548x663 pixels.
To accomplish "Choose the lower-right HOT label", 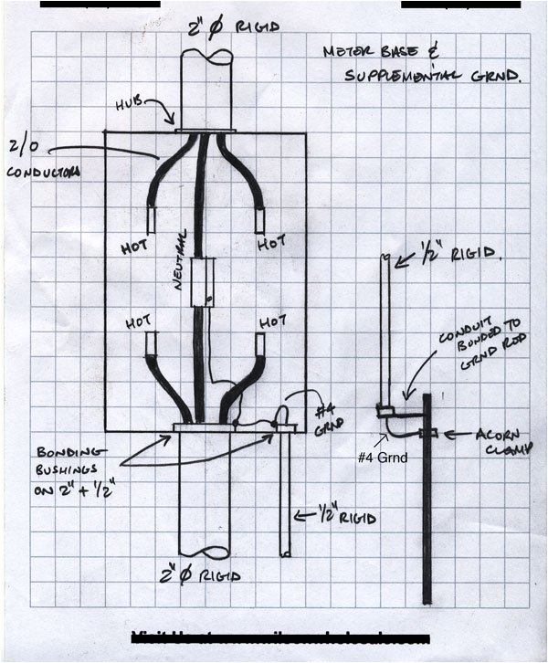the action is coord(272,322).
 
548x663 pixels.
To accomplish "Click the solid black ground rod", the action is coord(427,511).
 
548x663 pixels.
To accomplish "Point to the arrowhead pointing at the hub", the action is coord(172,122).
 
